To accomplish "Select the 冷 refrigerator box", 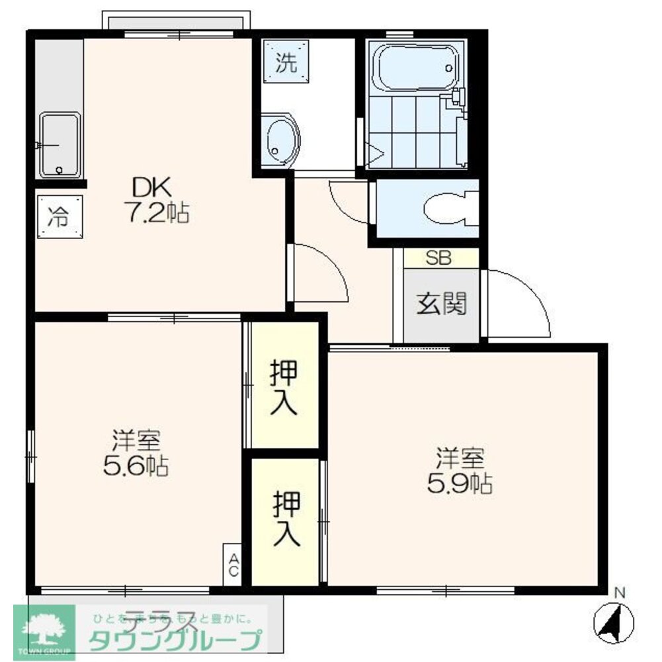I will pyautogui.click(x=60, y=216).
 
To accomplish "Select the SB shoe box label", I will pyautogui.click(x=438, y=258).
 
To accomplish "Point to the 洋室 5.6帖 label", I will pyautogui.click(x=136, y=453).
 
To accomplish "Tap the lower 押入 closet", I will pyautogui.click(x=286, y=518).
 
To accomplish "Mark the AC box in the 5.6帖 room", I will pyautogui.click(x=233, y=565).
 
